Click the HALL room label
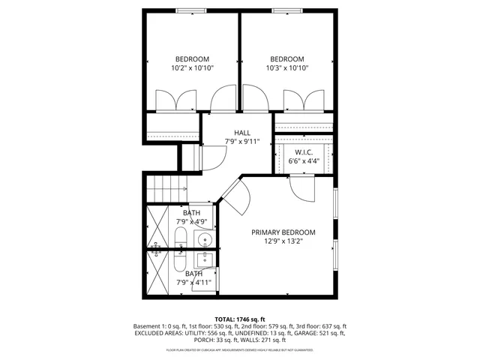pyautogui.click(x=242, y=133)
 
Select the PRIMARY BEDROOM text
pyautogui.click(x=283, y=232)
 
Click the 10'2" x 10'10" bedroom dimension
pyautogui.click(x=192, y=68)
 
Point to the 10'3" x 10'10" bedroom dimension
pyautogui.click(x=287, y=68)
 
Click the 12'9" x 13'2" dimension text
pyautogui.click(x=283, y=241)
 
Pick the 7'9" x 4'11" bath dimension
pyautogui.click(x=193, y=283)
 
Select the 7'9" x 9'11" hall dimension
pyautogui.click(x=242, y=142)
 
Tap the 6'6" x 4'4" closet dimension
pyautogui.click(x=304, y=160)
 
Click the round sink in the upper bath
pyautogui.click(x=205, y=239)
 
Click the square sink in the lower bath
pyautogui.click(x=205, y=259)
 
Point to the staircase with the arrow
pyautogui.click(x=166, y=187)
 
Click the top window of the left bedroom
pyautogui.click(x=192, y=10)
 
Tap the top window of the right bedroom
pyautogui.click(x=287, y=10)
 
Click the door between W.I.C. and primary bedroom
pyautogui.click(x=303, y=188)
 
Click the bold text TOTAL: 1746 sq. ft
pyautogui.click(x=240, y=319)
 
